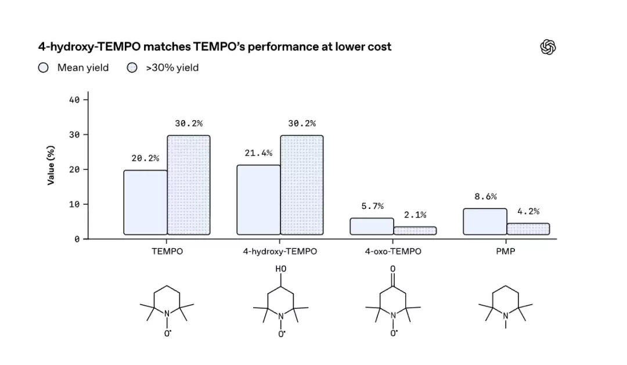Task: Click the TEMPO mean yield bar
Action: pyautogui.click(x=146, y=203)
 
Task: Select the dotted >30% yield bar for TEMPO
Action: pyautogui.click(x=189, y=185)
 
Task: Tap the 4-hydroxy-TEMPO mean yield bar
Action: pyautogui.click(x=259, y=200)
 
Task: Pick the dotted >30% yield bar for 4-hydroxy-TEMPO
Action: pyautogui.click(x=302, y=185)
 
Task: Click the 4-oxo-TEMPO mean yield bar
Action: pyautogui.click(x=372, y=226)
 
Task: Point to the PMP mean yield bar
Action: pyautogui.click(x=485, y=222)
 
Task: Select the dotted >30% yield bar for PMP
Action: pyautogui.click(x=528, y=229)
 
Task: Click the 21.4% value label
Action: pyautogui.click(x=259, y=153)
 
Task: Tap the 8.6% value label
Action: pyautogui.click(x=486, y=197)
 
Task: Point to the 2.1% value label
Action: pyautogui.click(x=415, y=215)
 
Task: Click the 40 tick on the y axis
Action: pyautogui.click(x=74, y=100)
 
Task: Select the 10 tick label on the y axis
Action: pyautogui.click(x=74, y=204)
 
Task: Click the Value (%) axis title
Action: pyautogui.click(x=51, y=165)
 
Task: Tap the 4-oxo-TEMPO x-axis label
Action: pyautogui.click(x=393, y=251)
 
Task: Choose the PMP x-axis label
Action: pyautogui.click(x=506, y=251)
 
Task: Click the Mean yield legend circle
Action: pyautogui.click(x=43, y=67)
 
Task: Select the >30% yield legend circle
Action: pyautogui.click(x=132, y=67)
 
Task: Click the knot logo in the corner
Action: pyautogui.click(x=548, y=47)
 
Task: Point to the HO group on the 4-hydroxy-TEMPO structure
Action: pyautogui.click(x=281, y=269)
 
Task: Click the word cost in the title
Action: pyautogui.click(x=379, y=47)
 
